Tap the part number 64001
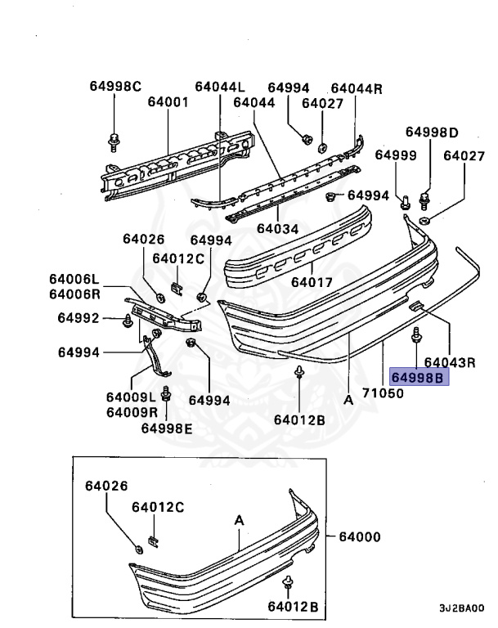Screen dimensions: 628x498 tap(168, 103)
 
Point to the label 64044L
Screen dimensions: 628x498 tap(220, 87)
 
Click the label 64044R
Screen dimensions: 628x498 tap(357, 88)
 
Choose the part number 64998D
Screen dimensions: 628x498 tap(433, 132)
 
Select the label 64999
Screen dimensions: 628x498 tap(396, 155)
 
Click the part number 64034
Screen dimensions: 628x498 tap(277, 229)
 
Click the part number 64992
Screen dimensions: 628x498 tap(79, 318)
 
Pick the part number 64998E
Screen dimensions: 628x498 tap(167, 427)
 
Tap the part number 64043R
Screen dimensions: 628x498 tap(450, 361)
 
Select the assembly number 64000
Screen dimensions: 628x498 tap(360, 537)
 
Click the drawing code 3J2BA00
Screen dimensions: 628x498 tap(461, 608)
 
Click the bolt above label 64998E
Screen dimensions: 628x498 tap(166, 397)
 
